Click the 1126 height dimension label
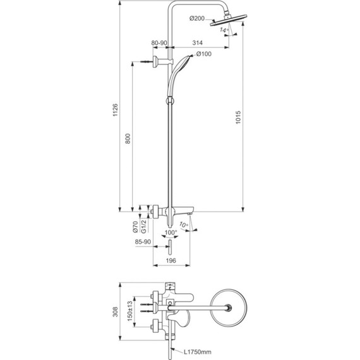(x=114, y=111)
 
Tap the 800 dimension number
(x=128, y=139)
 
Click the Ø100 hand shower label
(x=204, y=54)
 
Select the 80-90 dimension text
(x=159, y=44)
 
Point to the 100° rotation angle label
(x=169, y=234)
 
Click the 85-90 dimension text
(x=142, y=242)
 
